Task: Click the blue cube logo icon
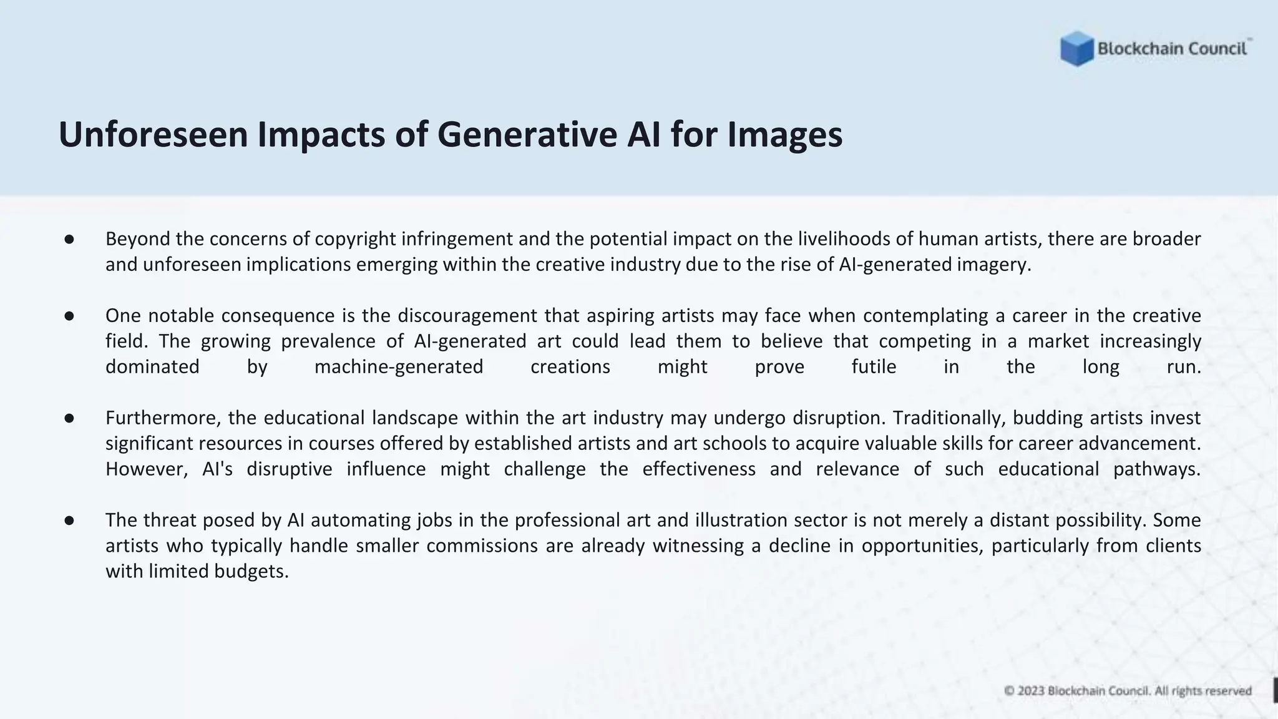1076,49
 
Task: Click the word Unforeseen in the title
153,134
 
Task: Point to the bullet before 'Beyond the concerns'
69,239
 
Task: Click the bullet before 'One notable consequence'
69,316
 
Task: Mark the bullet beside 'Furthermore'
69,418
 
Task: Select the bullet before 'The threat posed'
69,521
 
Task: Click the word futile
874,367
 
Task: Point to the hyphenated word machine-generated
399,367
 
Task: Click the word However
146,469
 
